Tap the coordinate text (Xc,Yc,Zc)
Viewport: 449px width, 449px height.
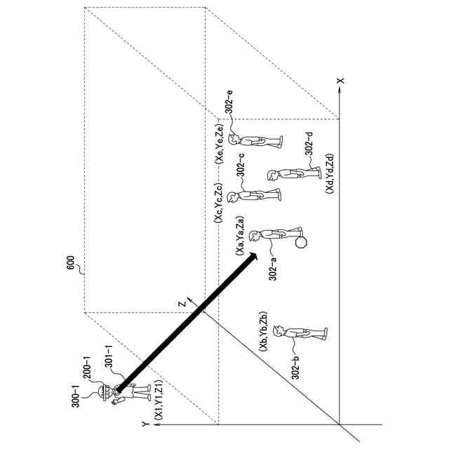(220, 203)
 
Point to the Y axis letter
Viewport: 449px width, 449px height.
(143, 424)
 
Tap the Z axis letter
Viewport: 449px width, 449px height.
(180, 303)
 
